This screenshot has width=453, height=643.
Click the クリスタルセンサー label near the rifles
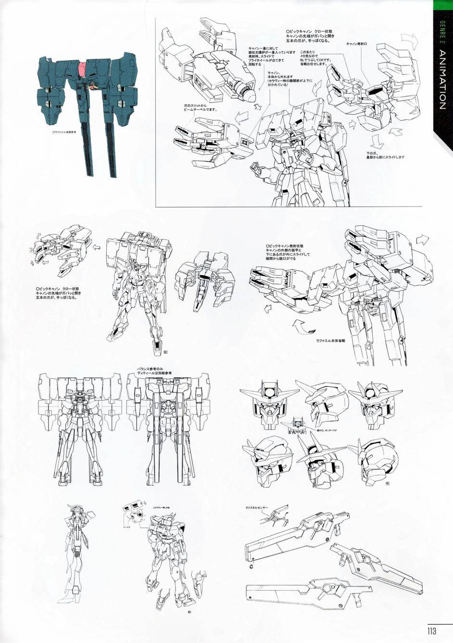tap(256, 508)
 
